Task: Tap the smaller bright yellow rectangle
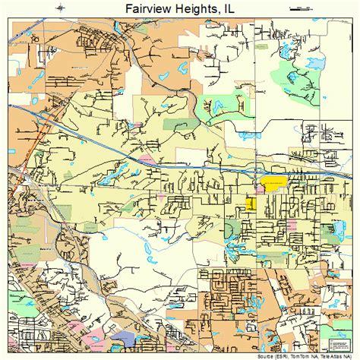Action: [251, 204]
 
